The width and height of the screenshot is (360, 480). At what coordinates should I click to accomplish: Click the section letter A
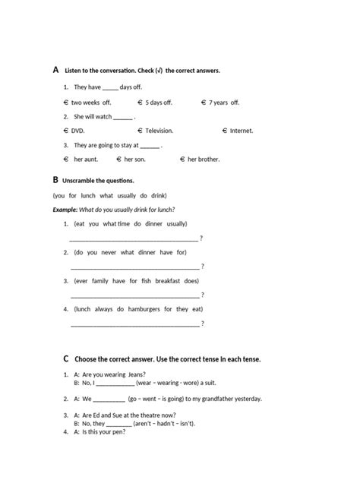pyautogui.click(x=56, y=69)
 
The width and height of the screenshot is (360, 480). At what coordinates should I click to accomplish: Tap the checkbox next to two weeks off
pyautogui.click(x=66, y=103)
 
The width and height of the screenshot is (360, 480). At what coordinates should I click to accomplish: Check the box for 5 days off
pyautogui.click(x=141, y=103)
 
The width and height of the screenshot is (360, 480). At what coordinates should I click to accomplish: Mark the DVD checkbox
pyautogui.click(x=66, y=131)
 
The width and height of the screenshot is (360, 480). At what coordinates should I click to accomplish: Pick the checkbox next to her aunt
pyautogui.click(x=67, y=159)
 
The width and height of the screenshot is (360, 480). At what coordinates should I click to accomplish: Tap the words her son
pyautogui.click(x=134, y=159)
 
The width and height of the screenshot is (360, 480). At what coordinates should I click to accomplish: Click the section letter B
pyautogui.click(x=55, y=180)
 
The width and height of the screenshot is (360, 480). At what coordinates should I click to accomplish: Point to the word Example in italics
pyautogui.click(x=65, y=209)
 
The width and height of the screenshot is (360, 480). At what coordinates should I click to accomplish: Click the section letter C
pyautogui.click(x=66, y=358)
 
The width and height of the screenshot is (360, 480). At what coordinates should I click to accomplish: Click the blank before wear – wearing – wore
pyautogui.click(x=115, y=384)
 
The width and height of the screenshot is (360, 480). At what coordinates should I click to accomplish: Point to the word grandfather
pyautogui.click(x=207, y=399)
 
